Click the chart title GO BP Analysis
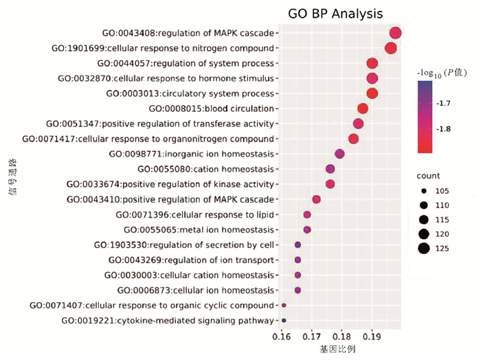pos(335,14)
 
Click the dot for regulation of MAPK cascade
pos(395,33)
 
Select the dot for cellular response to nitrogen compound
pos(391,48)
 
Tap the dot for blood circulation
pos(363,109)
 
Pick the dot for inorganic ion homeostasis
pos(339,154)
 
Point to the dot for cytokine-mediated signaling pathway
pos(284,320)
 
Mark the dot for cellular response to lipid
pos(307,214)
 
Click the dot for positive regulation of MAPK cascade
pos(317,199)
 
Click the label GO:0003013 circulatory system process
pos(190,93)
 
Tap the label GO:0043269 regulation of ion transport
pos(191,260)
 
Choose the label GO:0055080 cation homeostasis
pos(205,169)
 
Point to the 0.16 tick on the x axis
pos(281,338)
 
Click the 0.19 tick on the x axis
pos(372,338)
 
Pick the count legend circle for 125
pos(424,249)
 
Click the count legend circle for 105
pos(424,191)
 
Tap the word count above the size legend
pos(428,176)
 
